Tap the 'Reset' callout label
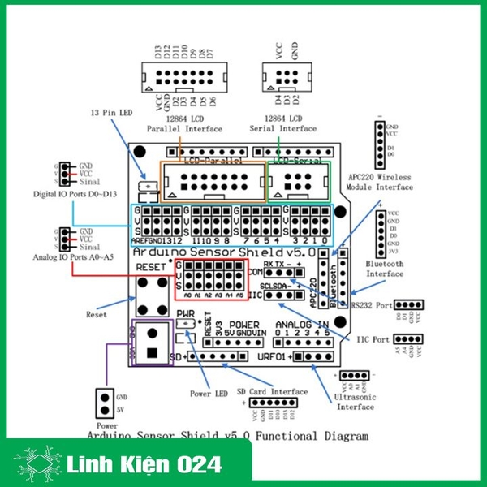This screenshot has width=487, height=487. [x=97, y=313]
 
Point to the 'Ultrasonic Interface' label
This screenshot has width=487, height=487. [x=355, y=402]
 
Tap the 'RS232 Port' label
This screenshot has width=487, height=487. [x=371, y=306]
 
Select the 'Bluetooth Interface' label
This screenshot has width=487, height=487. [x=385, y=268]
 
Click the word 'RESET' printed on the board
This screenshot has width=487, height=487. [x=151, y=266]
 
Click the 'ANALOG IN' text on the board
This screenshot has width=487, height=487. [x=301, y=325]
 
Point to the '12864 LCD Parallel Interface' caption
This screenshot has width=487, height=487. [x=183, y=123]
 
